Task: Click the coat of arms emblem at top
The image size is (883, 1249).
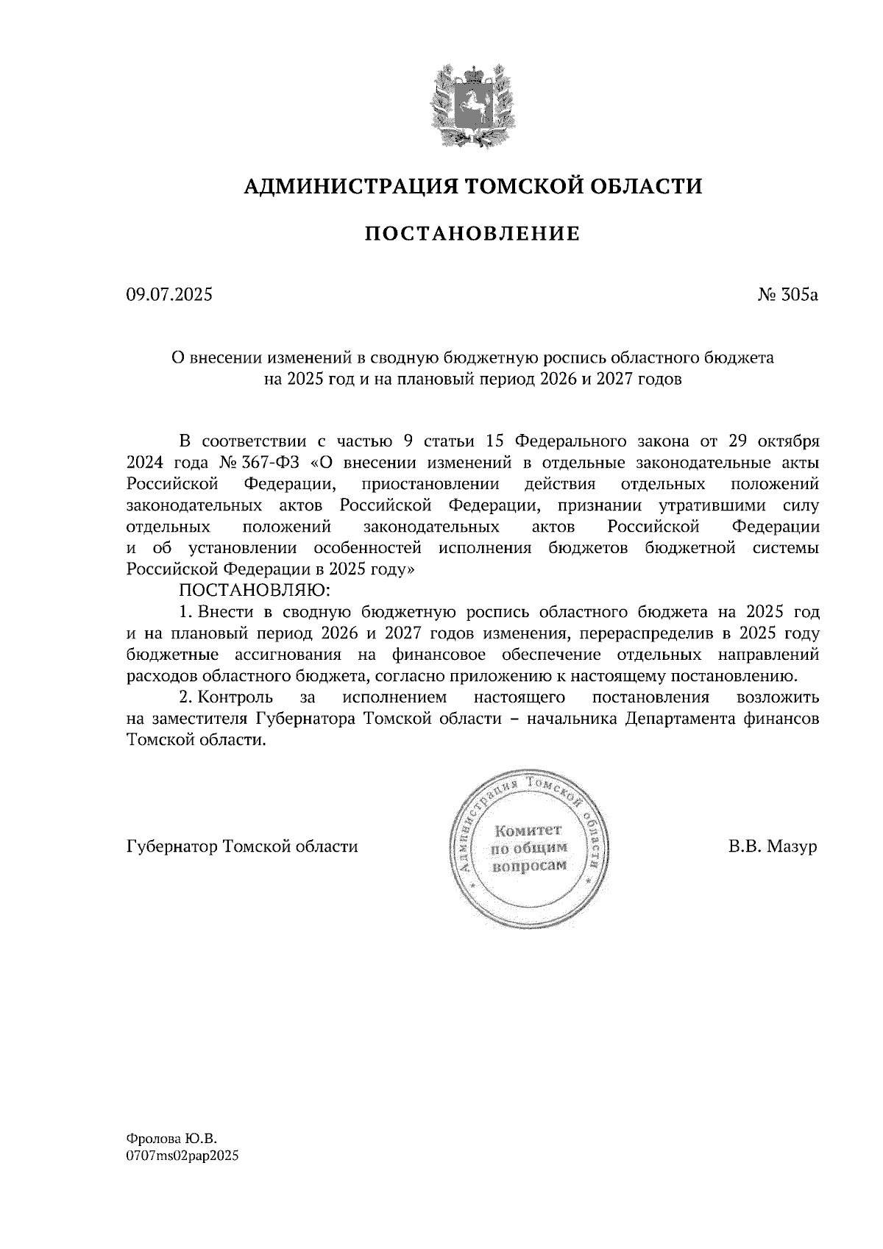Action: pos(469,104)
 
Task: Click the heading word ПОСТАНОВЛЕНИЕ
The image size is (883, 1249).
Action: pos(472,234)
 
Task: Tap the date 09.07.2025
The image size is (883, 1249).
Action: pos(169,296)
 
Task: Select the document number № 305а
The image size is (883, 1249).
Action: pos(787,296)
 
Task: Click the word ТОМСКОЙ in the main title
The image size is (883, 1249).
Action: pos(515,186)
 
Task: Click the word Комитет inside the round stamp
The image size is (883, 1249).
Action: pos(528,830)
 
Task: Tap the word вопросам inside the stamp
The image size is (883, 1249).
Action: pos(528,865)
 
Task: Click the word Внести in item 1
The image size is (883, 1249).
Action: pos(227,612)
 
